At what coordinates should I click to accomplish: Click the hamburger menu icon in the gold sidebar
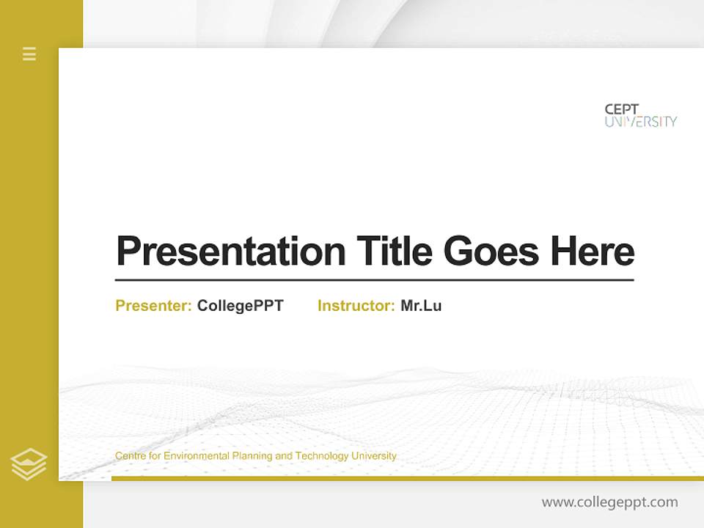pyautogui.click(x=29, y=54)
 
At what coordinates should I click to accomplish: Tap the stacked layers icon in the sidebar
pyautogui.click(x=29, y=464)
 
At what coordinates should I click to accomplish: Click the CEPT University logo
pyautogui.click(x=640, y=115)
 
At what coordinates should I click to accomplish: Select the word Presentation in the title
pyautogui.click(x=231, y=252)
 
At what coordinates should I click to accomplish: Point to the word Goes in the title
pyautogui.click(x=491, y=252)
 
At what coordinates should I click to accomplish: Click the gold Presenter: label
pyautogui.click(x=153, y=306)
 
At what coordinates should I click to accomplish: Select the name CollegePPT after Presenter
pyautogui.click(x=240, y=306)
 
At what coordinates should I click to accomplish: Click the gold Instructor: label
pyautogui.click(x=356, y=306)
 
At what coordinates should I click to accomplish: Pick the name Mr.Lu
pyautogui.click(x=421, y=306)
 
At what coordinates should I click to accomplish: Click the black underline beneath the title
pyautogui.click(x=374, y=279)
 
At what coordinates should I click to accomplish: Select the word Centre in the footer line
pyautogui.click(x=130, y=456)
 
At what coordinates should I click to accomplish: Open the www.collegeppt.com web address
pyautogui.click(x=609, y=502)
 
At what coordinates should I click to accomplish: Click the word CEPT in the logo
pyautogui.click(x=622, y=109)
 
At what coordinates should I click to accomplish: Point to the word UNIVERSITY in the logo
pyautogui.click(x=640, y=122)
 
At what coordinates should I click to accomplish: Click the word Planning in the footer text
pyautogui.click(x=252, y=456)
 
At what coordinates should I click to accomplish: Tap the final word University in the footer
pyautogui.click(x=374, y=456)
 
